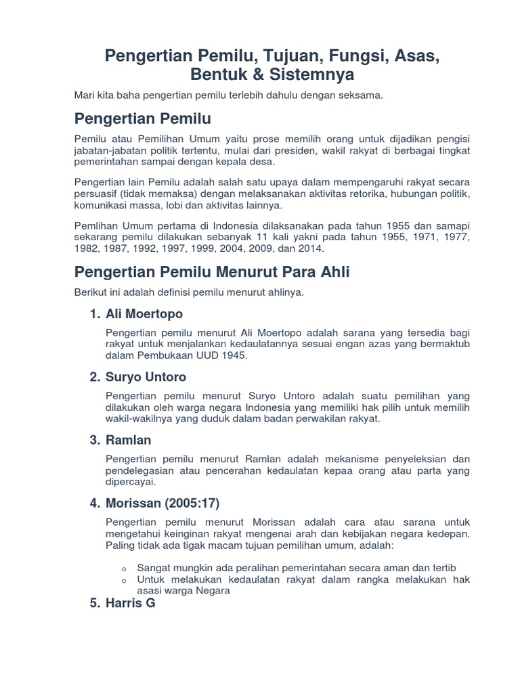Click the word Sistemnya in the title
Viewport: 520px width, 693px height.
pos(311,73)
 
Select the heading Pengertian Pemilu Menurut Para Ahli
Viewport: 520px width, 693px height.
pos(212,272)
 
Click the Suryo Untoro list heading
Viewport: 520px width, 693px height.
pos(146,377)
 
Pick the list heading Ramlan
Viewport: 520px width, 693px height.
pos(129,440)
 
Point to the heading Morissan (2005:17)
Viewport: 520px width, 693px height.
pos(162,504)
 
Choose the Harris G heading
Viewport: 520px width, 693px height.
pos(131,603)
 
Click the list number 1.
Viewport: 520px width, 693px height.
pos(94,314)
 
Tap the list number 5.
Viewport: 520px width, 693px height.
pos(94,603)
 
